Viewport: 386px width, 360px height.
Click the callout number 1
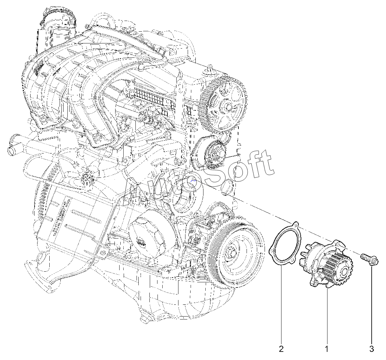327,349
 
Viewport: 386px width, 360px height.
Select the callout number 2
281,349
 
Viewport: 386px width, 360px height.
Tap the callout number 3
372,349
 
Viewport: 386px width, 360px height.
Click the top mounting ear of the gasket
295,224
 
